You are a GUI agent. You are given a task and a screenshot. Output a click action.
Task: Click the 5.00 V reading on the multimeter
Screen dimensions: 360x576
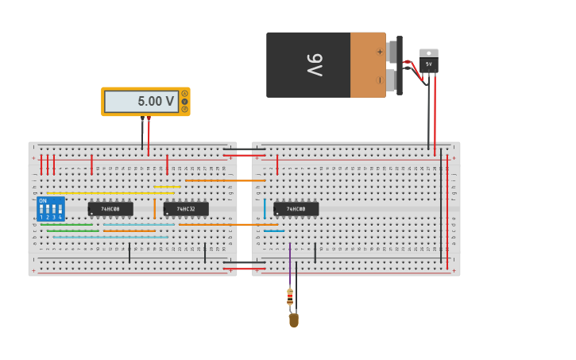pos(155,102)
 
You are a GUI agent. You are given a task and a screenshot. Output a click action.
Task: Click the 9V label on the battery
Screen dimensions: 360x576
pos(315,65)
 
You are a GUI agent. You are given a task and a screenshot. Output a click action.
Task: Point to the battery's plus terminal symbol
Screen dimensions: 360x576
pos(380,52)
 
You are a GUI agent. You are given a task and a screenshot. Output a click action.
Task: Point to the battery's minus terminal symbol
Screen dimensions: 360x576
pos(380,79)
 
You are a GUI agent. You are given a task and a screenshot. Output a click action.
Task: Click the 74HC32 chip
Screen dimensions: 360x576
pos(186,209)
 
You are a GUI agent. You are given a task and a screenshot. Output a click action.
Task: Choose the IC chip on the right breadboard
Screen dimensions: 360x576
pos(296,209)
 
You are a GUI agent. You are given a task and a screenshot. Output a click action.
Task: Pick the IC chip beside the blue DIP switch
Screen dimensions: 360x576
pos(110,209)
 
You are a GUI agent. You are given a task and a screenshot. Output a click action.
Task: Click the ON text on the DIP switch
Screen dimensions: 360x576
pos(43,201)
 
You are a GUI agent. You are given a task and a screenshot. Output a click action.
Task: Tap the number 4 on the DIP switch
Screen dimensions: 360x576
pos(60,217)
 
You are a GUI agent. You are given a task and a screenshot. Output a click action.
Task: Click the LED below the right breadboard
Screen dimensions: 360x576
pos(293,320)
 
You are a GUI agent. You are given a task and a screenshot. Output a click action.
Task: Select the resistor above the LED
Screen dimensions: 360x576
pos(290,297)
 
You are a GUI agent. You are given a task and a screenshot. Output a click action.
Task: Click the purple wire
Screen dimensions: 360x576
pos(290,262)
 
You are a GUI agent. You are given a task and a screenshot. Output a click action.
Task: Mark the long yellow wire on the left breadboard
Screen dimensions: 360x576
pos(111,192)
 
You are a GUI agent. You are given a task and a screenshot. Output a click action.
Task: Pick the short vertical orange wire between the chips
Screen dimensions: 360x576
pos(154,208)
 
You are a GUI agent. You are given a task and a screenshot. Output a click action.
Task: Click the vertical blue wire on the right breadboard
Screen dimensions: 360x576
pos(265,208)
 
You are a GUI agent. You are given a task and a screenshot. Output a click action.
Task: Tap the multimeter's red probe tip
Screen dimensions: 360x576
pos(149,118)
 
